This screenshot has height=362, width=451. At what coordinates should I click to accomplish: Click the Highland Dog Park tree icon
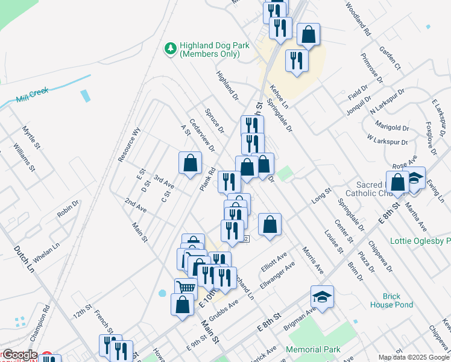click(x=171, y=48)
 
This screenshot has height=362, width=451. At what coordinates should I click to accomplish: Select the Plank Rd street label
click(x=207, y=180)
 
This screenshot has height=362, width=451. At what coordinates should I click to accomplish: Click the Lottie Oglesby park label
click(x=421, y=241)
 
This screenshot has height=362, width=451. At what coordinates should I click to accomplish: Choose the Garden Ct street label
click(x=389, y=57)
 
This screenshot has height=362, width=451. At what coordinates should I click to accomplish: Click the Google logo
click(x=19, y=355)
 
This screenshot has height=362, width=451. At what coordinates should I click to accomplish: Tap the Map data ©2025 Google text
click(x=414, y=357)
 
